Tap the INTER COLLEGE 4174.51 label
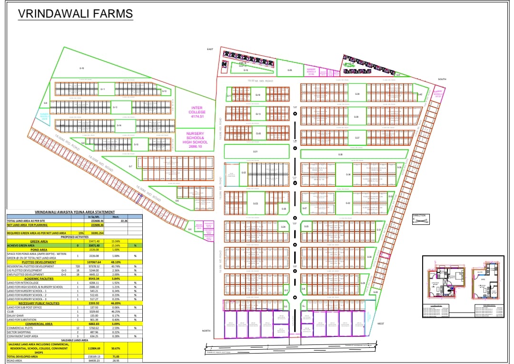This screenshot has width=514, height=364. [197, 112]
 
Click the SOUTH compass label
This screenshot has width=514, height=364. [442, 79]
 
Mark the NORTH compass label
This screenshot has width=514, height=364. [206, 331]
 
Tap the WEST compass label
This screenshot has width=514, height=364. [381, 324]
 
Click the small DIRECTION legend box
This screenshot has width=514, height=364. [419, 219]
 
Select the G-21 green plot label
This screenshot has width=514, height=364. [255, 152]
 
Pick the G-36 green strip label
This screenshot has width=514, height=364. [340, 155]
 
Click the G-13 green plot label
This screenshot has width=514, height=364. [115, 108]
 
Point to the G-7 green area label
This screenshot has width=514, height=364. [130, 166]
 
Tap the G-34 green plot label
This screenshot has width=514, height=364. [348, 175]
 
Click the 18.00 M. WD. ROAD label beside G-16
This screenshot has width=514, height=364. [261, 81]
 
